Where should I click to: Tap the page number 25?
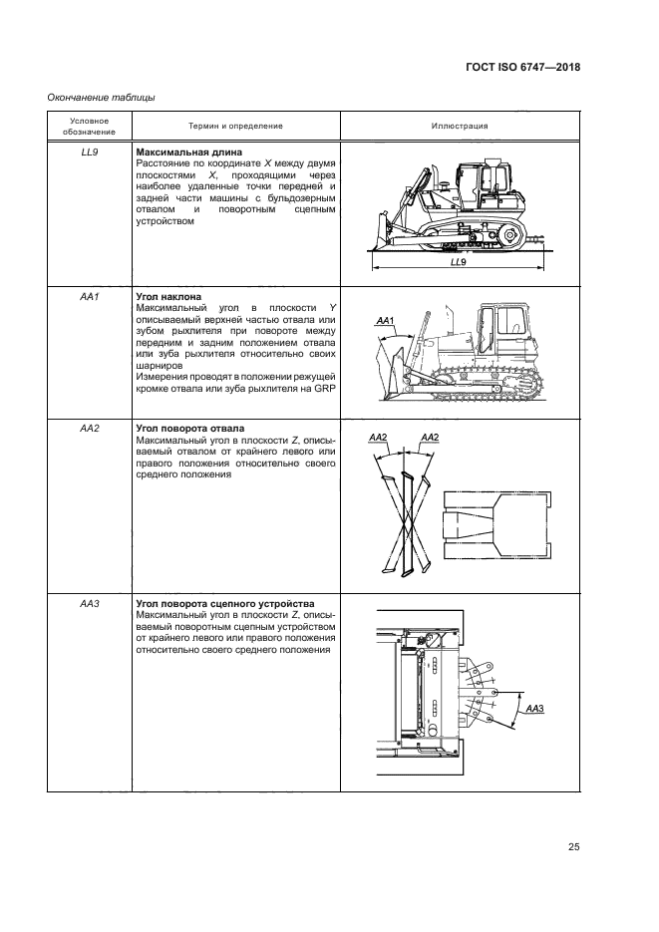click(x=574, y=847)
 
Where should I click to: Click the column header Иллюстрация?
click(x=459, y=126)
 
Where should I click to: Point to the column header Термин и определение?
click(x=235, y=126)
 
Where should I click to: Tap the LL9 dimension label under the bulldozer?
click(x=458, y=261)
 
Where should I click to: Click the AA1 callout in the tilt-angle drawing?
click(x=387, y=321)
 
